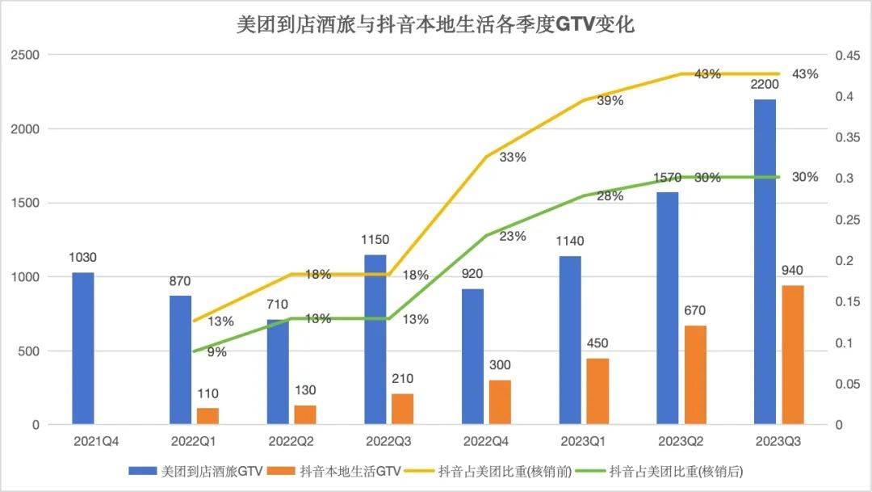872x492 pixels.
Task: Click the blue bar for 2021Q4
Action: pyautogui.click(x=83, y=348)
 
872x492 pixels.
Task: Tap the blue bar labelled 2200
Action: pyautogui.click(x=765, y=262)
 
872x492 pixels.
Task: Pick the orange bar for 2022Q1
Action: pyautogui.click(x=208, y=416)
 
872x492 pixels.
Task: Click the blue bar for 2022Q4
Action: pyautogui.click(x=472, y=356)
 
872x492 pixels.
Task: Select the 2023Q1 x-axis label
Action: pyautogui.click(x=584, y=443)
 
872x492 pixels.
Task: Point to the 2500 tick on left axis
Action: pyautogui.click(x=26, y=55)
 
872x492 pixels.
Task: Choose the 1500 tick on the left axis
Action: pyautogui.click(x=26, y=203)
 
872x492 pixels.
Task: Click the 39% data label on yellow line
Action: pyautogui.click(x=610, y=101)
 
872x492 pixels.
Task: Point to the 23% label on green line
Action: pyautogui.click(x=513, y=236)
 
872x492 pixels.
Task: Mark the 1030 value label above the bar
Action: pyautogui.click(x=83, y=258)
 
